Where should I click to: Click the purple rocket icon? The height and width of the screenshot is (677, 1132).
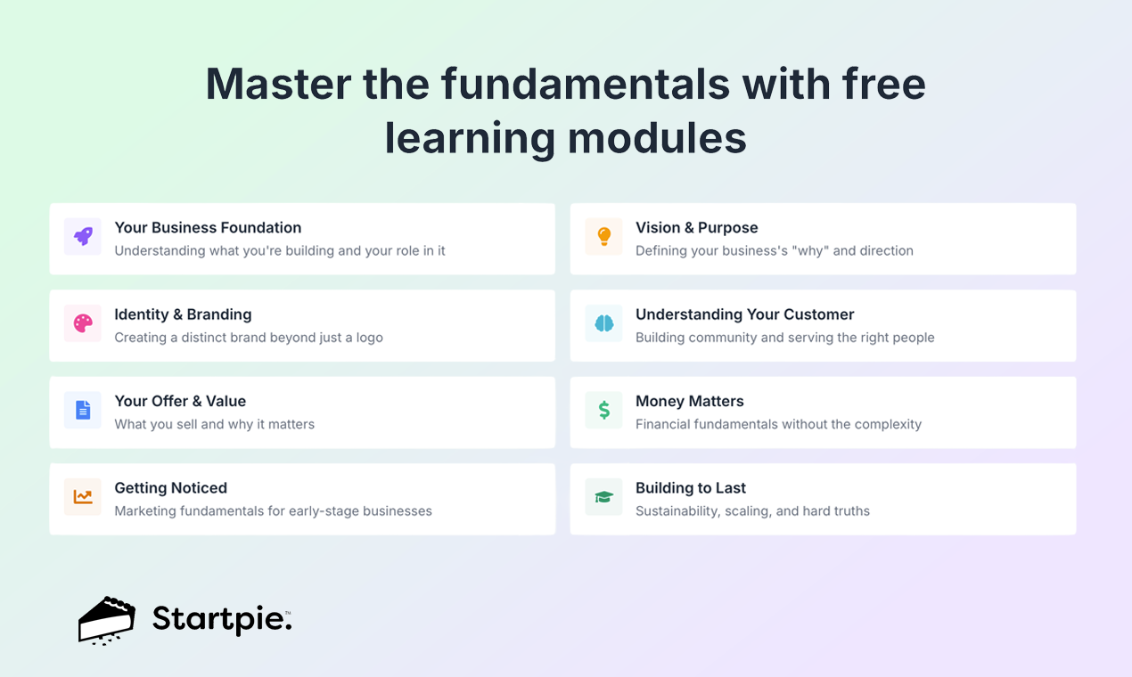tap(83, 237)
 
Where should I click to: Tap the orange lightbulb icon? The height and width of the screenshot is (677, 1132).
tap(603, 237)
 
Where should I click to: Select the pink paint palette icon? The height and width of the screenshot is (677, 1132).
tap(83, 323)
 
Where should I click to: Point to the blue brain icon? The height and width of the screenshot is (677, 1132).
tap(603, 323)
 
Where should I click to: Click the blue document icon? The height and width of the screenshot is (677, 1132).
tap(83, 410)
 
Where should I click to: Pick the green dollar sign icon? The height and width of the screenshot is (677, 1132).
tap(603, 410)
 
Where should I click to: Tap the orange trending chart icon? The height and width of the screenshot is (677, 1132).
tap(83, 497)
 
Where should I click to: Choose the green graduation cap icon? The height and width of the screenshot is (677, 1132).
tap(603, 497)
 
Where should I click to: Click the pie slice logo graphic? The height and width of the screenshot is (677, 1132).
tap(107, 620)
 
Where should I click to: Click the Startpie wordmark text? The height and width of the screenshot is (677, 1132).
tap(221, 618)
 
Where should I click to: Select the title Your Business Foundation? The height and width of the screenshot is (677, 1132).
tap(208, 228)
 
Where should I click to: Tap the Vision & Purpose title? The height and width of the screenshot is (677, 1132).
tap(696, 228)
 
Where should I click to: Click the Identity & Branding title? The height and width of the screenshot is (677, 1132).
tap(183, 314)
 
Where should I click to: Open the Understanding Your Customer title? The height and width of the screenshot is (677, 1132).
tap(744, 314)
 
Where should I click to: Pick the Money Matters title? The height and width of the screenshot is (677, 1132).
tap(689, 401)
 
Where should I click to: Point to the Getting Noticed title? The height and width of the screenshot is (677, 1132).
tap(170, 488)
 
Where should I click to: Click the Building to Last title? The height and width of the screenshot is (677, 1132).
tap(690, 488)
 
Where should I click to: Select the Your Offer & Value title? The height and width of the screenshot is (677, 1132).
tap(180, 401)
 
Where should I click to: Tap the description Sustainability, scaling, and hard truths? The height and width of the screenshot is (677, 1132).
tap(752, 511)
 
